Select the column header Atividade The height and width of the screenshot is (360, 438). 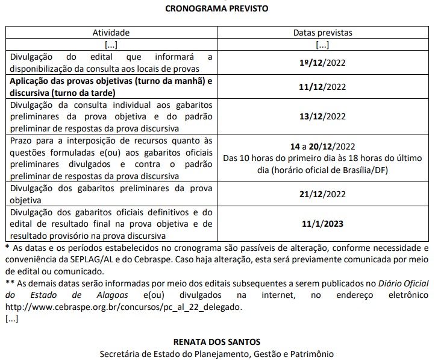coord(111,33)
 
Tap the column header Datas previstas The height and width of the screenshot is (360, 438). coord(322,33)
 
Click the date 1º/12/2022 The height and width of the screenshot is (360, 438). coord(322,62)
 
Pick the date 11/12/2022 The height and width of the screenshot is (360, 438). coord(322,87)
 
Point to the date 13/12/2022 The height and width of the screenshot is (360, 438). coord(322,116)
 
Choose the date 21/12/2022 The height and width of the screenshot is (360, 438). coord(322,194)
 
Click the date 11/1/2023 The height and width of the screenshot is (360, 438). coord(322,224)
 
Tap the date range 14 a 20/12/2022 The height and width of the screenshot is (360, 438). coord(322,147)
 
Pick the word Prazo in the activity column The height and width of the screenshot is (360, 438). coord(20,140)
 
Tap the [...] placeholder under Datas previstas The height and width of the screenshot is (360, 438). coord(322,45)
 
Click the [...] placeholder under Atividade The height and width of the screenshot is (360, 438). coord(111,45)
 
